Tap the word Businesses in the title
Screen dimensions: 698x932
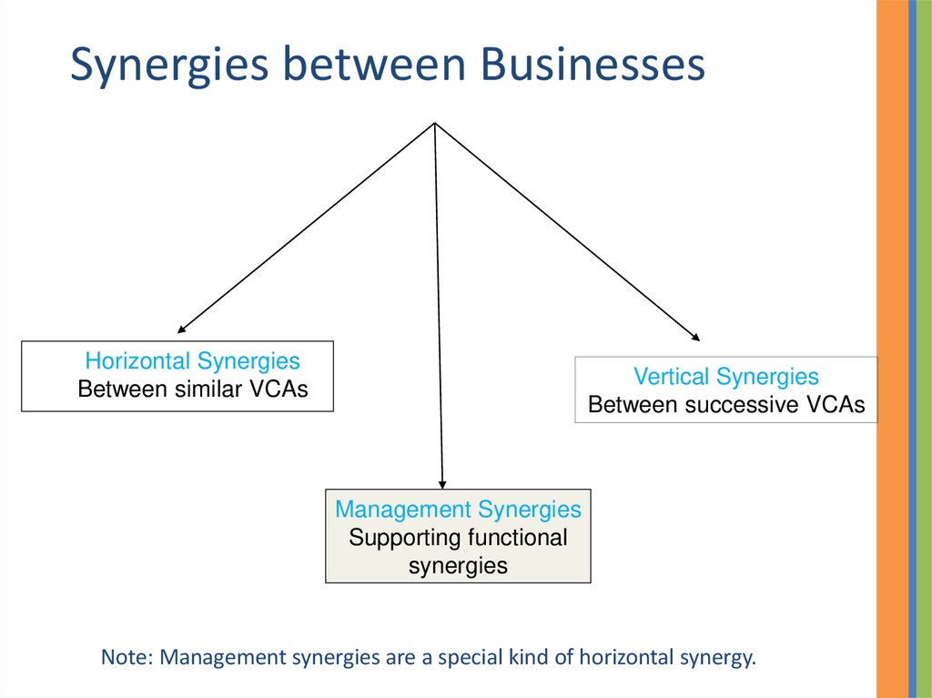tap(593, 66)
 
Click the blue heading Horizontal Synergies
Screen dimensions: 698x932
tap(192, 361)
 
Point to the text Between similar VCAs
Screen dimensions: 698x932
tap(193, 389)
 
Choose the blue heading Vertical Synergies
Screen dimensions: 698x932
tap(726, 377)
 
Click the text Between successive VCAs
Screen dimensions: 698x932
tap(726, 405)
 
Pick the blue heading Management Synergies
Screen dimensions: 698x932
tap(458, 509)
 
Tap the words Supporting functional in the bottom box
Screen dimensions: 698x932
tap(458, 537)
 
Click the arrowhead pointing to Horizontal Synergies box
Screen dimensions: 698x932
tap(182, 329)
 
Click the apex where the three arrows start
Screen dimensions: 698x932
tap(436, 123)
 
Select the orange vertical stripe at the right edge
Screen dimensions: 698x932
tap(892, 349)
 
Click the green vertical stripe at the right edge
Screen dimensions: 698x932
tap(924, 349)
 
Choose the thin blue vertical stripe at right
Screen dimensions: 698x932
tap(912, 349)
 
